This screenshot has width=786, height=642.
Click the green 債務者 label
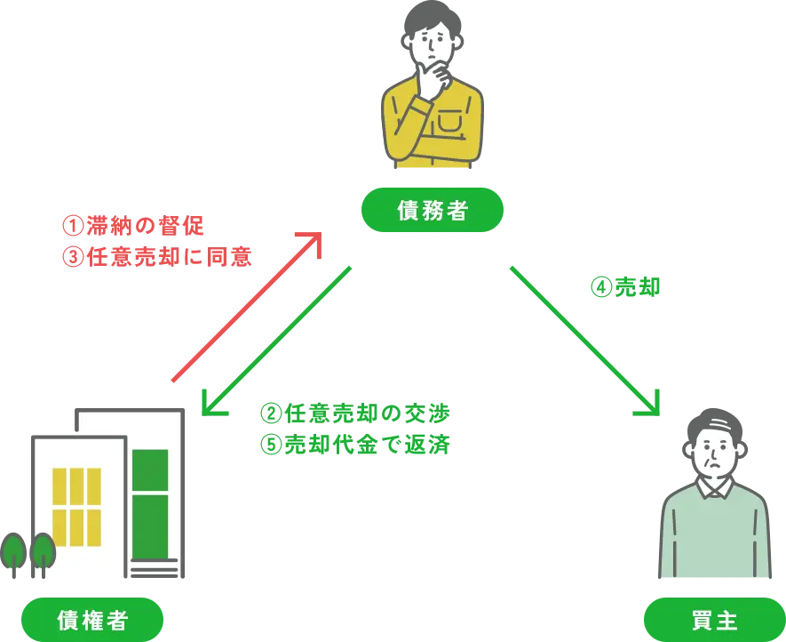431,211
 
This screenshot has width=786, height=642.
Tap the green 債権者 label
91,619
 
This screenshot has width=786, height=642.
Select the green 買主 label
712,619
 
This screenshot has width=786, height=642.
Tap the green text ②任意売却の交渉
355,413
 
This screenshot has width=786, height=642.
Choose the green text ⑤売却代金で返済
355,444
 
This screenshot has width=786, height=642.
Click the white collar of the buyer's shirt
714,487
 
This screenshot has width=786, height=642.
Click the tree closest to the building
44,551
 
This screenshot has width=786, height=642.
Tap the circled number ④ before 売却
600,287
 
